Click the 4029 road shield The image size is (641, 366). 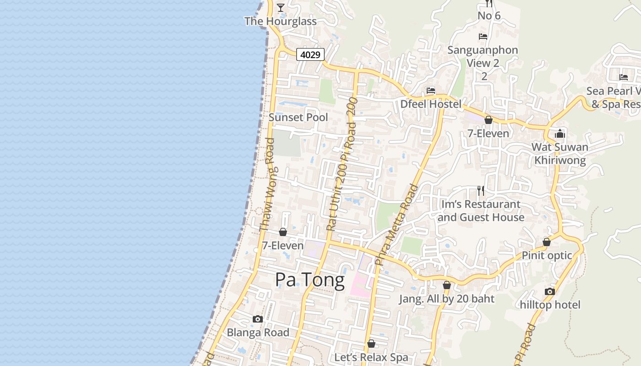pos(310,54)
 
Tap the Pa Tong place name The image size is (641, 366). pos(310,280)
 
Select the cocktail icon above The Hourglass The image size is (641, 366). pos(280,7)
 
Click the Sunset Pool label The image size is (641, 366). pos(298,117)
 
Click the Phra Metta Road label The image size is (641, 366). pos(397,225)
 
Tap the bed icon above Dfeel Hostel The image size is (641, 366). pos(430,91)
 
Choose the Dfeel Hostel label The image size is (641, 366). pos(431,104)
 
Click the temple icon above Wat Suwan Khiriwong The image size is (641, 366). pos(560,134)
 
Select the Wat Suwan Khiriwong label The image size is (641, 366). pos(560,154)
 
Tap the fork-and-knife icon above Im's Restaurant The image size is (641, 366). pos(480,190)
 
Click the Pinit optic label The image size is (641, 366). pos(547,255)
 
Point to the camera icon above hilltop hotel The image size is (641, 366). pos(550,291)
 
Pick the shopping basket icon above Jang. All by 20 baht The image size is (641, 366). pos(447,285)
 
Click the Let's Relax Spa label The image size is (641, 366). pos(371,357)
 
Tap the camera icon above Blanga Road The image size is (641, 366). pos(258,319)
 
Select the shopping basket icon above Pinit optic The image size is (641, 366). pos(547,242)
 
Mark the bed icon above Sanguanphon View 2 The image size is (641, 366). pos(483,37)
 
